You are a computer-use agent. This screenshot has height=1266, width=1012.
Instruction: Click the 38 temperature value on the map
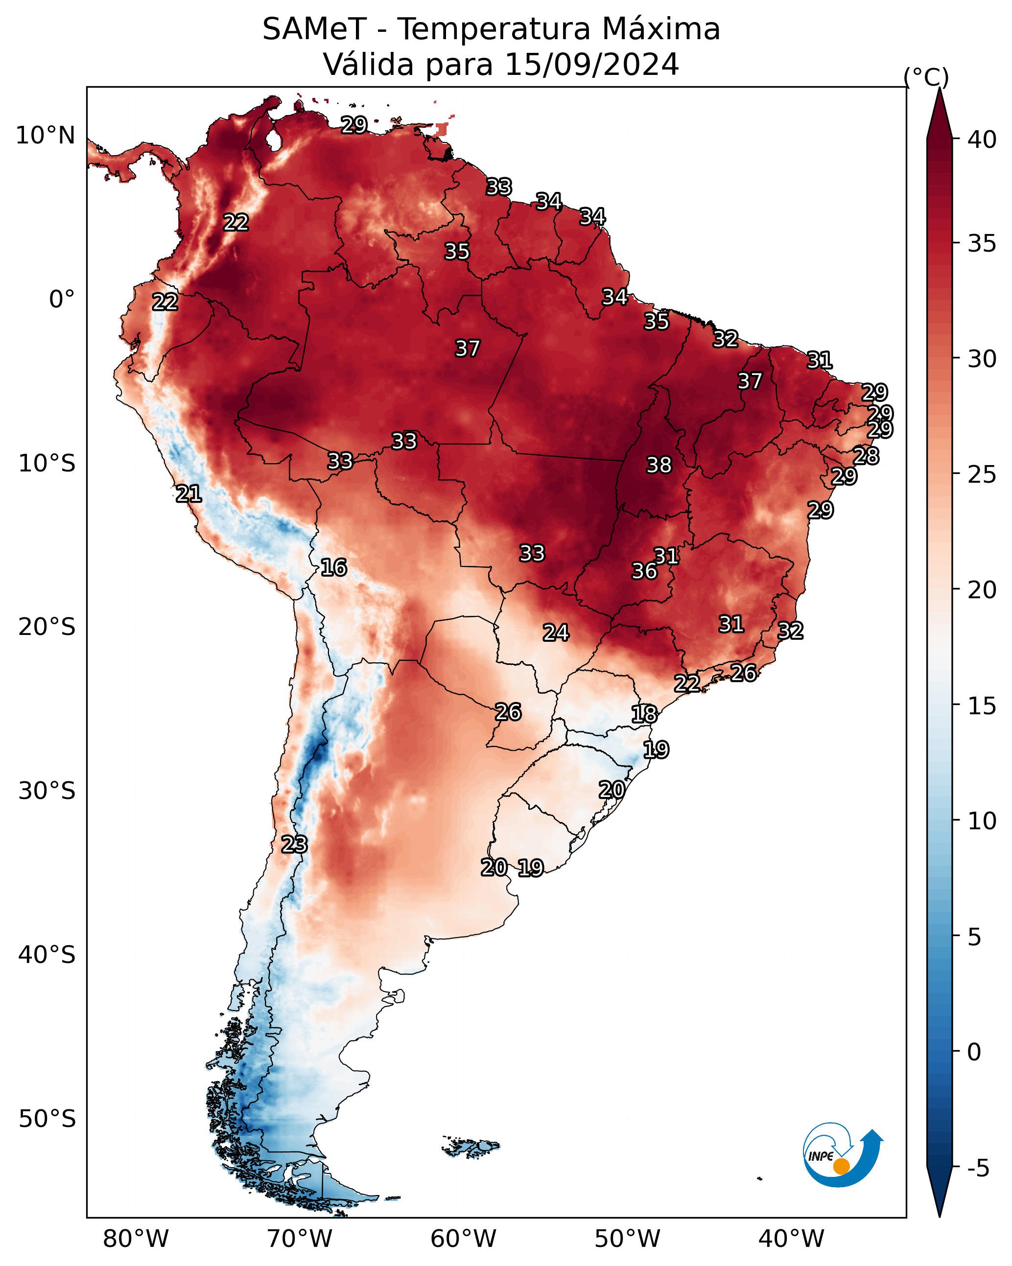(659, 465)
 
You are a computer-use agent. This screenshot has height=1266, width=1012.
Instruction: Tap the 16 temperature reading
(333, 567)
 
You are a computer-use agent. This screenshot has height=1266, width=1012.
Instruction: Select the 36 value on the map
(644, 571)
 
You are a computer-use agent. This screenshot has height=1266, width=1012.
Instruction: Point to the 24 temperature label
(556, 633)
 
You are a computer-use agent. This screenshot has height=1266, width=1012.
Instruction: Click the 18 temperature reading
(644, 714)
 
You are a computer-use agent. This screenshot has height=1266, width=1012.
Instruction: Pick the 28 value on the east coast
(866, 456)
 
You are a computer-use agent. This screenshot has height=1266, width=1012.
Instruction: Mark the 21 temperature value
(188, 494)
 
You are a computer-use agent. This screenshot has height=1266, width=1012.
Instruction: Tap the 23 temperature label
(294, 844)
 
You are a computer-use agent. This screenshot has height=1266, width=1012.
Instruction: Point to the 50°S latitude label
(47, 1119)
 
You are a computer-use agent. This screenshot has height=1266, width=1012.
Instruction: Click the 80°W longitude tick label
(136, 1239)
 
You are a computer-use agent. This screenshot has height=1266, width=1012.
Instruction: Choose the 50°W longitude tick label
(627, 1239)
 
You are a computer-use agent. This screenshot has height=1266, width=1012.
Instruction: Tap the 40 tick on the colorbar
(982, 140)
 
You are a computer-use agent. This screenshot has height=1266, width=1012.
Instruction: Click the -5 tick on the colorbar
(979, 1169)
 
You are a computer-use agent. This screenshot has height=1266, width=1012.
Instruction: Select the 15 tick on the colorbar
(982, 706)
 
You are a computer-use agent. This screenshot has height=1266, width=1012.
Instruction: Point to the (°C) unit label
(926, 77)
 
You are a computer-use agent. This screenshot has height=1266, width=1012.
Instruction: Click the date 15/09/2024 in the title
(591, 64)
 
